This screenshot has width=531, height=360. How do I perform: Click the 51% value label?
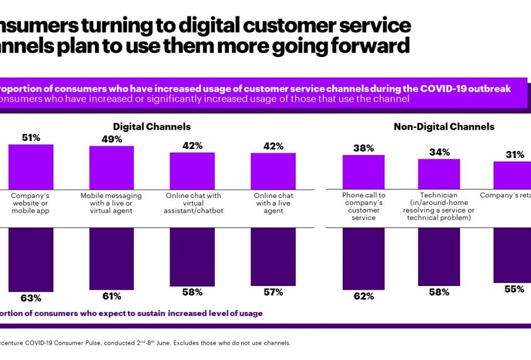[x=31, y=138]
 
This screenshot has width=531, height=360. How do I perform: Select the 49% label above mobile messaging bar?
[x=111, y=139]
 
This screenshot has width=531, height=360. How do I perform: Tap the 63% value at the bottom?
[x=31, y=298]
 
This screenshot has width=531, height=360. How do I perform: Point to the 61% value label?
[x=111, y=296]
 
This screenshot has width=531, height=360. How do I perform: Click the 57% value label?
[x=273, y=292]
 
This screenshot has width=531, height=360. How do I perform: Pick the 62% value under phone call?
[x=364, y=296]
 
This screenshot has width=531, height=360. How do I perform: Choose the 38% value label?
[x=364, y=148]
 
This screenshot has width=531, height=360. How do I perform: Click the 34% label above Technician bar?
[x=439, y=152]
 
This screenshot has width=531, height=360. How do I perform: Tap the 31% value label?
[x=515, y=154]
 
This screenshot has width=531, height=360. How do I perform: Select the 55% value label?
[x=515, y=289]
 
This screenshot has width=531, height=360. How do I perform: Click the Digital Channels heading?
[x=152, y=126]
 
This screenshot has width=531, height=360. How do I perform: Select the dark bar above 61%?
[x=111, y=258]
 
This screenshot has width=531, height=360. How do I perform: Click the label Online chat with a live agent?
[x=273, y=203]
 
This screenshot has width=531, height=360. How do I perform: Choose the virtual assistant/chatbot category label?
[x=192, y=203]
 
